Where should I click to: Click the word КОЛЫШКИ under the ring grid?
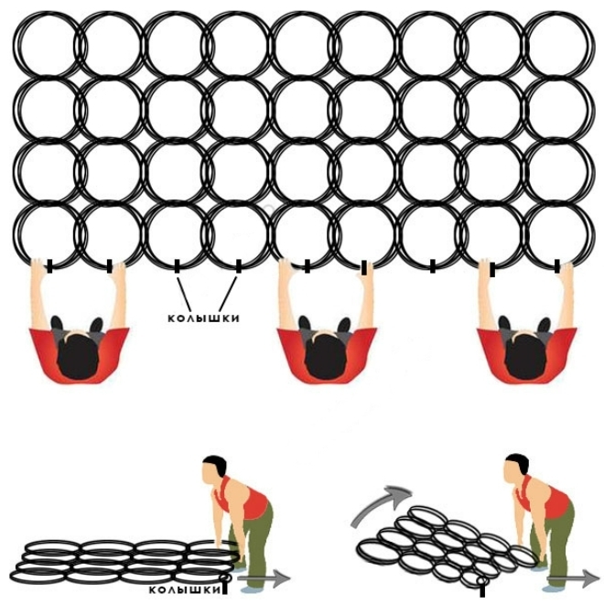(x=203, y=318)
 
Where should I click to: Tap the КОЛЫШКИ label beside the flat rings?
(x=184, y=590)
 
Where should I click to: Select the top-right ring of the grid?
(x=559, y=46)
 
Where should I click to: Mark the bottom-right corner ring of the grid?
(x=559, y=233)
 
